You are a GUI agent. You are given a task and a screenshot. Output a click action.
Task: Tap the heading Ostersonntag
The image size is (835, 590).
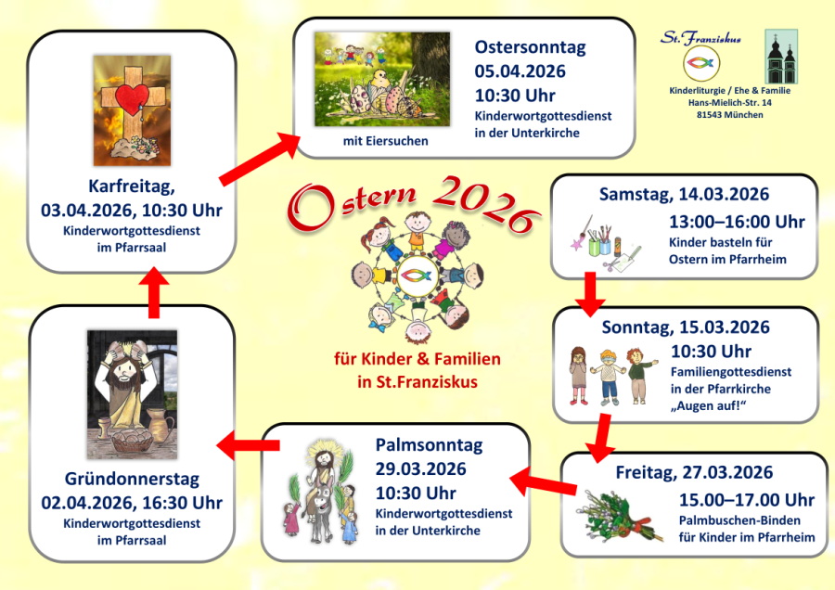[530, 47]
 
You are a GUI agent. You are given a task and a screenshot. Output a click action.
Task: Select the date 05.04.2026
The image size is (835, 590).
[520, 71]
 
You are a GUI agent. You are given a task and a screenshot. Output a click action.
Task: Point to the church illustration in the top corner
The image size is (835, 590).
[781, 57]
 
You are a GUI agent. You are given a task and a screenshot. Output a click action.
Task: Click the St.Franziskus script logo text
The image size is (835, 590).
[700, 38]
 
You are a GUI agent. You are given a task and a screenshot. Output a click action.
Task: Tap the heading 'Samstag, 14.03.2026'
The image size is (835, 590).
[683, 195]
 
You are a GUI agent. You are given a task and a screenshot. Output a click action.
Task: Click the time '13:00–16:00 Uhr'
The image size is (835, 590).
[737, 222]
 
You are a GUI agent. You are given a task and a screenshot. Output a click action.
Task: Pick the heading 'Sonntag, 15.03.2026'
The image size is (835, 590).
[685, 327]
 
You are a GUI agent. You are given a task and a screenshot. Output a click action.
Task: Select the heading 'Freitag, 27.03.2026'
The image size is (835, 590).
[693, 474]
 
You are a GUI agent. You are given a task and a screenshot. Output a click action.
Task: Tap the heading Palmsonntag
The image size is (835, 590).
[429, 445]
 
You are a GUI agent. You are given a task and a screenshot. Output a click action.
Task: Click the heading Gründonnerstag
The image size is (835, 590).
[132, 481]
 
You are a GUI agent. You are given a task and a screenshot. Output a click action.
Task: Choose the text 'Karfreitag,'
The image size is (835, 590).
[131, 185]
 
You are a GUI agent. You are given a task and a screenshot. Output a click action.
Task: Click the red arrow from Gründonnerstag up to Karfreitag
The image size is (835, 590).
[154, 294]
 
